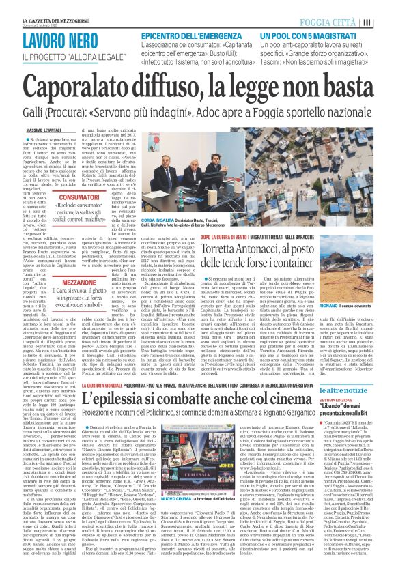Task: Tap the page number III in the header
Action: [386, 21]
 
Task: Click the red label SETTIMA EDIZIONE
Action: [356, 380]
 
